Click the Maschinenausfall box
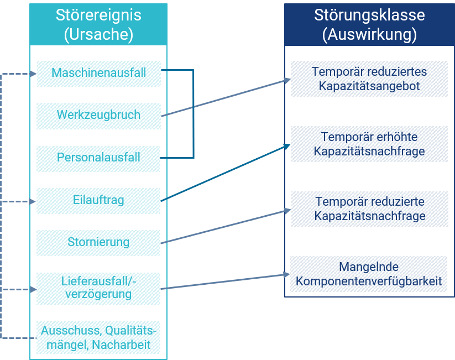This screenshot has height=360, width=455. pyautogui.click(x=98, y=74)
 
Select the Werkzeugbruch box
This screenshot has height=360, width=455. pyautogui.click(x=98, y=116)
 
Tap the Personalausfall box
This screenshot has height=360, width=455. pyautogui.click(x=98, y=159)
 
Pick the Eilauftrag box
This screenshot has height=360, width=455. pyautogui.click(x=98, y=201)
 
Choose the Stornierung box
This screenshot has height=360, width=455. pyautogui.click(x=98, y=243)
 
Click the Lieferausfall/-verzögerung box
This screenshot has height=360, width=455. pyautogui.click(x=98, y=289)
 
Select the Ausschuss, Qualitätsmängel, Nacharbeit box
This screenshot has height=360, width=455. pyautogui.click(x=98, y=337)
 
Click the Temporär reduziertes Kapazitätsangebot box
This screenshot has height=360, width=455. pyautogui.click(x=369, y=79)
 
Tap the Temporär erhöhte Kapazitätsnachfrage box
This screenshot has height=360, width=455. pyautogui.click(x=369, y=144)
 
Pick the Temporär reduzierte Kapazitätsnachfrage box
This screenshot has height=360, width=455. pyautogui.click(x=370, y=209)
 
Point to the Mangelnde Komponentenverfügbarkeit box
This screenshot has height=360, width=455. pyautogui.click(x=369, y=274)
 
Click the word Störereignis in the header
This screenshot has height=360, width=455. pyautogui.click(x=98, y=15)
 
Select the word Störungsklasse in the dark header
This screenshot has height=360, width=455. pyautogui.click(x=369, y=15)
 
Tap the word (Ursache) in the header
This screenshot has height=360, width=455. pyautogui.click(x=98, y=34)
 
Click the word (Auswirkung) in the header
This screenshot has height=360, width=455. pyautogui.click(x=369, y=34)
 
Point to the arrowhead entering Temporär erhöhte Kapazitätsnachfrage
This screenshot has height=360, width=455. pyautogui.click(x=287, y=147)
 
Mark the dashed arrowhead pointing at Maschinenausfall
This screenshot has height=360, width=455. pyautogui.click(x=33, y=74)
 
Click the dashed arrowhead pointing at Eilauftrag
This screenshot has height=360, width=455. pyautogui.click(x=33, y=201)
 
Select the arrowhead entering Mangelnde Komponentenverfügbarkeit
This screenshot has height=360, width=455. pyautogui.click(x=287, y=274)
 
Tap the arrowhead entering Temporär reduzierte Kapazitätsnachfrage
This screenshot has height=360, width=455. pyautogui.click(x=287, y=211)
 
